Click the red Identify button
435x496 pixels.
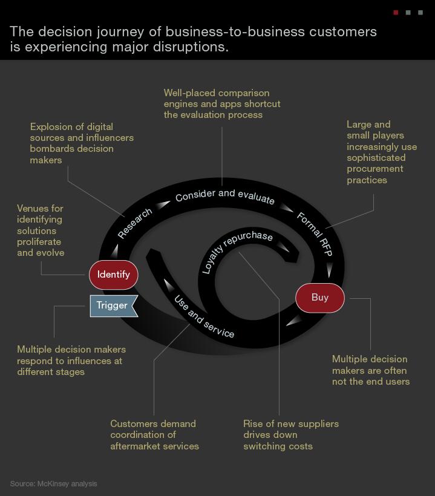[x=114, y=275]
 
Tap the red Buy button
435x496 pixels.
[x=320, y=298]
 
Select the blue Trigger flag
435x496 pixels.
[x=114, y=306]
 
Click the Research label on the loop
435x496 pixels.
[x=135, y=223]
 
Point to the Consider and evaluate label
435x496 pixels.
[x=225, y=195]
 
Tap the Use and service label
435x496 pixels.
[x=204, y=316]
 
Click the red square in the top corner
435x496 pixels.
[x=396, y=13]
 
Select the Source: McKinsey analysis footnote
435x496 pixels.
[x=53, y=484]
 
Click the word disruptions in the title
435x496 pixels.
[x=191, y=47]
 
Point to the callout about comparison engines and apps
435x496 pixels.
[x=222, y=104]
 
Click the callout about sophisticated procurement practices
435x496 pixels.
[x=382, y=152]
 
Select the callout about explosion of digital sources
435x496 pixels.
[x=82, y=143]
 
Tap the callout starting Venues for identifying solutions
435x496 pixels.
[x=41, y=230]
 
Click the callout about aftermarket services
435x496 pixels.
[x=154, y=435]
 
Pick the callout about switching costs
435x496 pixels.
[x=291, y=435]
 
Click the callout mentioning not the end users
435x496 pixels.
[x=371, y=370]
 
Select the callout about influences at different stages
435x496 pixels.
[x=71, y=361]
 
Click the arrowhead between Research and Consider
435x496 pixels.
[x=163, y=204]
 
